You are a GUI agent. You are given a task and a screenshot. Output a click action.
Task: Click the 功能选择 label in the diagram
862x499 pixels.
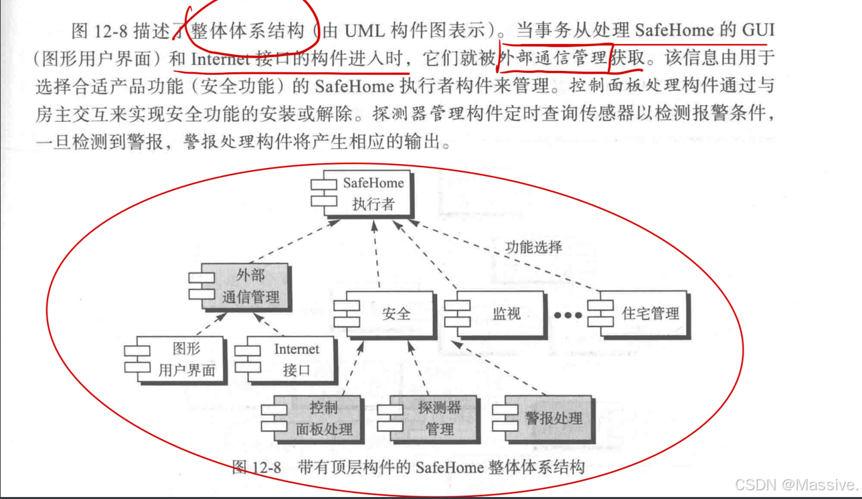(533, 246)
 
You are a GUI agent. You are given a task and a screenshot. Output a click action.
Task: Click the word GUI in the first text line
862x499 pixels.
(758, 30)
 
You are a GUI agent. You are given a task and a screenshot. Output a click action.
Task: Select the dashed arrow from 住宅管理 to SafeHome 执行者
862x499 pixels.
(509, 258)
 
